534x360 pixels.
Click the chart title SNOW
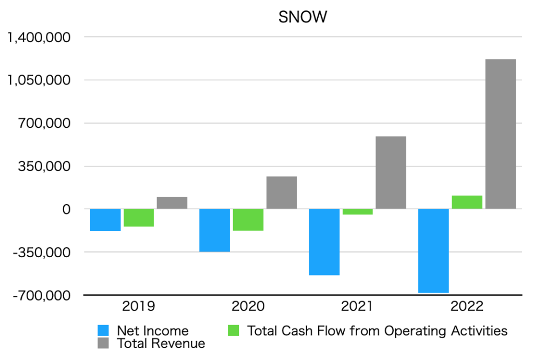pyautogui.click(x=302, y=17)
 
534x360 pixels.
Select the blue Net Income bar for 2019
pyautogui.click(x=105, y=220)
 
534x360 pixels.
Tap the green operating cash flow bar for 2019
pyautogui.click(x=139, y=218)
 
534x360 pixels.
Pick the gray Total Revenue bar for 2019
pyautogui.click(x=172, y=203)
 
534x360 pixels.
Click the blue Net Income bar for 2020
pyautogui.click(x=215, y=230)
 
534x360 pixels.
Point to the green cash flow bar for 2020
pyautogui.click(x=248, y=220)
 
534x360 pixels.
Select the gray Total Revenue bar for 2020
pyautogui.click(x=282, y=193)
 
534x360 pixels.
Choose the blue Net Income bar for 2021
pyautogui.click(x=324, y=242)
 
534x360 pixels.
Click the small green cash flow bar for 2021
pyautogui.click(x=358, y=212)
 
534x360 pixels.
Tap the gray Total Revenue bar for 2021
pyautogui.click(x=391, y=173)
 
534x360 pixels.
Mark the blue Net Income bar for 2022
pyautogui.click(x=434, y=250)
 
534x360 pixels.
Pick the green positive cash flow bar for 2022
pyautogui.click(x=467, y=202)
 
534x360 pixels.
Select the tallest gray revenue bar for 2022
pyautogui.click(x=501, y=134)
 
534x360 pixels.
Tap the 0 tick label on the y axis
pyautogui.click(x=66, y=209)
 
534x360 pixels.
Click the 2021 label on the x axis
pyautogui.click(x=358, y=306)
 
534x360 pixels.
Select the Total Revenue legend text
pyautogui.click(x=161, y=343)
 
